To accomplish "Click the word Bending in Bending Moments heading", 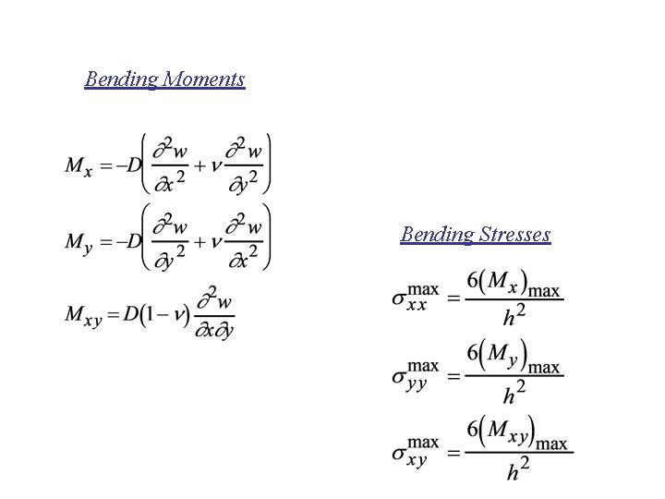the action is [120, 79].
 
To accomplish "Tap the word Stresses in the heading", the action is [515, 235].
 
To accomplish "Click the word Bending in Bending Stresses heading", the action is [437, 235].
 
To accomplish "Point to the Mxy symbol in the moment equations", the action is [83, 315].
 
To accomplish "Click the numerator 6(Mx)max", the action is [514, 284].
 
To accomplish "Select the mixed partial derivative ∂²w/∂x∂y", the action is [214, 314].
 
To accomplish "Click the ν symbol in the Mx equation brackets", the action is [217, 166].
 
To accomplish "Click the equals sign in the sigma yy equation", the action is [453, 377].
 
